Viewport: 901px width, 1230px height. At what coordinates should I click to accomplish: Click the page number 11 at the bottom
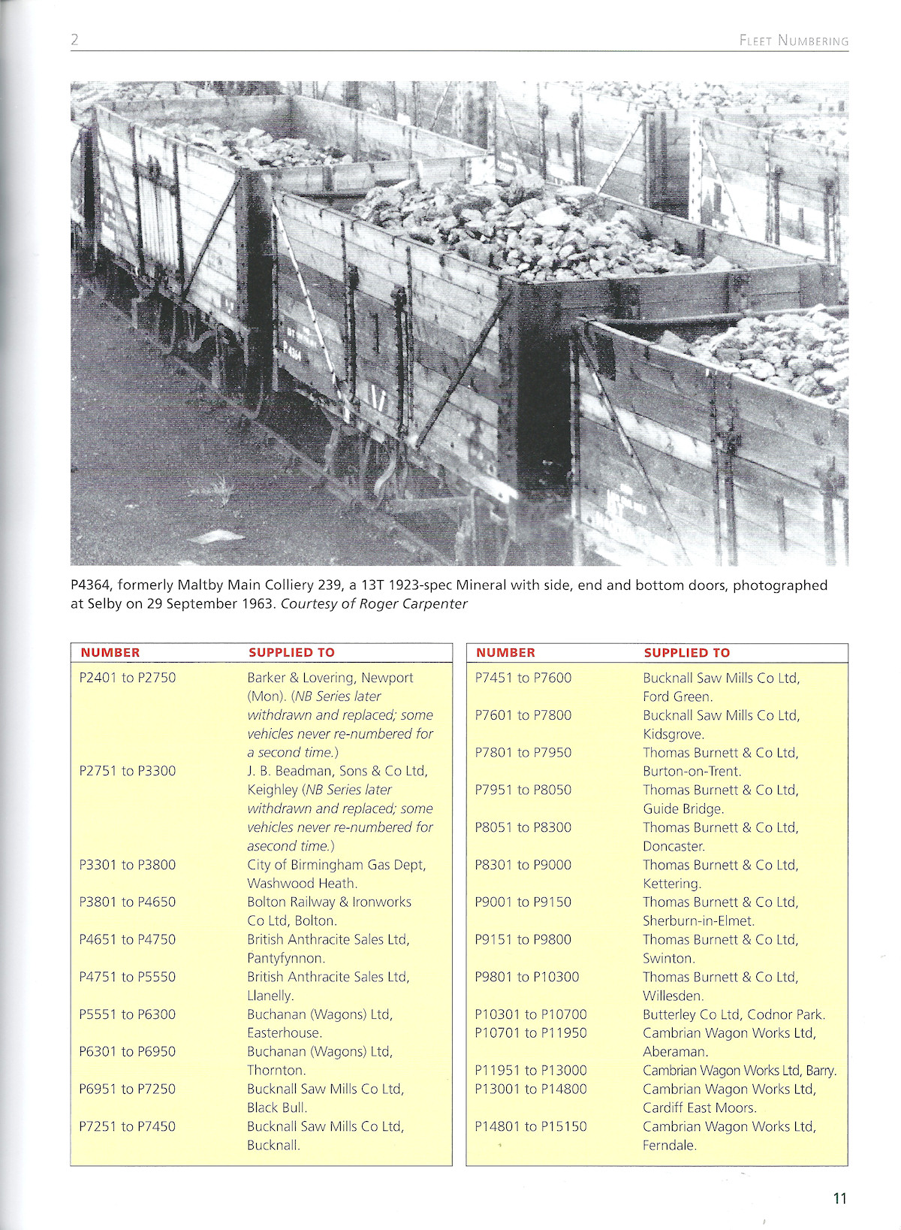[839, 1198]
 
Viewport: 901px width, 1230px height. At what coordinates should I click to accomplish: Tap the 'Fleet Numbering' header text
[794, 41]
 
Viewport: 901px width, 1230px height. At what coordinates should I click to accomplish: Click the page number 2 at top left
[74, 40]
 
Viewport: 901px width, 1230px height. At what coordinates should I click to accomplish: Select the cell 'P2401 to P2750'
[128, 678]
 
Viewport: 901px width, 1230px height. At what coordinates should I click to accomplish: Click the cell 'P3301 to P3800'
[128, 865]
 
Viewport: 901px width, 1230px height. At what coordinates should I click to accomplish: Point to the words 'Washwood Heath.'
[302, 884]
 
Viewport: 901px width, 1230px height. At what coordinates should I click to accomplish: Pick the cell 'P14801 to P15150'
[531, 1126]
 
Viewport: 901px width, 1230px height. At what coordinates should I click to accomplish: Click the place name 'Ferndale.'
[670, 1145]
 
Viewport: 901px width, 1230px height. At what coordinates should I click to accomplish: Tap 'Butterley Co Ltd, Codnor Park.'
[734, 1014]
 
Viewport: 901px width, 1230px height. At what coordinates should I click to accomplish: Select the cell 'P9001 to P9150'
[523, 902]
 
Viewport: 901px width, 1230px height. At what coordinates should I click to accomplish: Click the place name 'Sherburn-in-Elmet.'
[698, 921]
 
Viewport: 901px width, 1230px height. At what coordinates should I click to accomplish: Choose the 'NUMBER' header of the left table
[110, 653]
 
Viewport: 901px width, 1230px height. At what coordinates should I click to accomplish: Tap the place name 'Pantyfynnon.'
[286, 959]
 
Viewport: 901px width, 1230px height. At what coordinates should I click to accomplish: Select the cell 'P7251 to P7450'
[128, 1126]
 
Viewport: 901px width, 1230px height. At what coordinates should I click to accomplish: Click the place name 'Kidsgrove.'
[673, 734]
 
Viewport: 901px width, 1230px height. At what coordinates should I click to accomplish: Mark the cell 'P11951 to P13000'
[531, 1071]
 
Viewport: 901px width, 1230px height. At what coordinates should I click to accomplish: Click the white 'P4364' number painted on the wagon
[292, 350]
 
